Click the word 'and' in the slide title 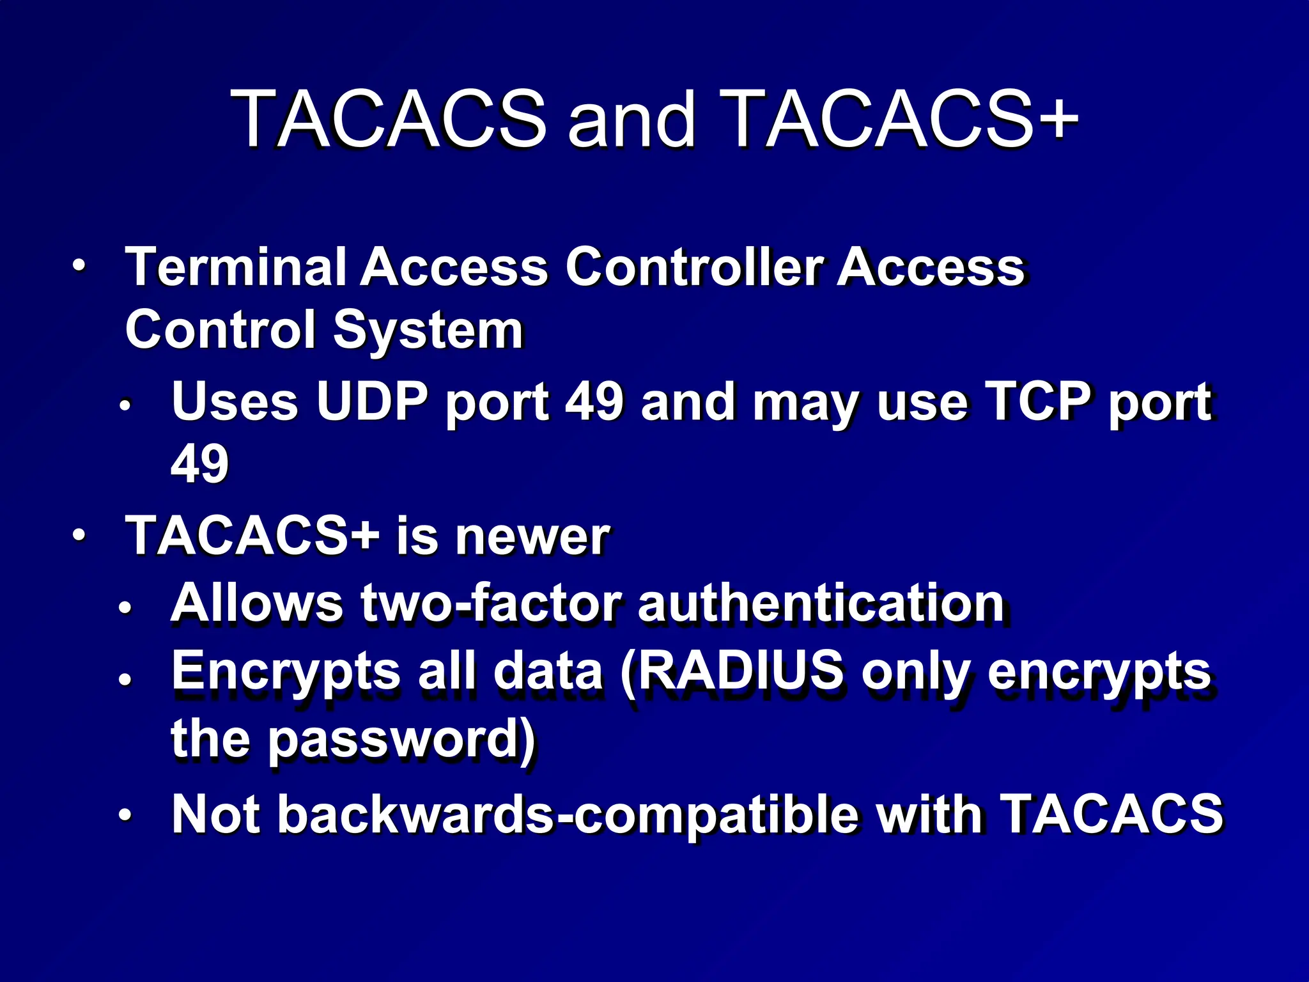coord(631,120)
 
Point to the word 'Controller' coord(693,267)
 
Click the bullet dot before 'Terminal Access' coord(78,265)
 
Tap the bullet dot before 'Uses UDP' coord(125,405)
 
